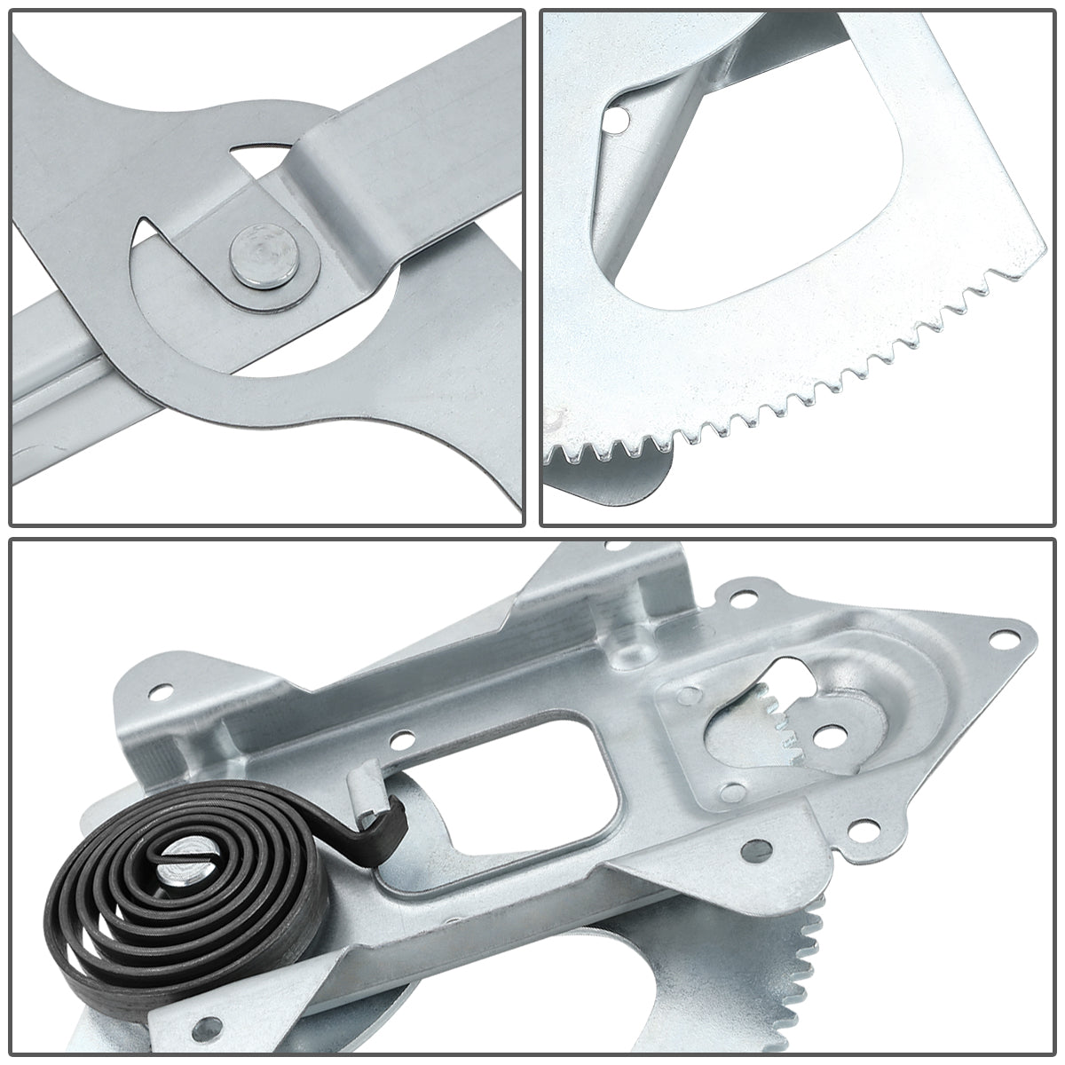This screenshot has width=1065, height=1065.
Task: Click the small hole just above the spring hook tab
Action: pyautogui.click(x=404, y=736)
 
